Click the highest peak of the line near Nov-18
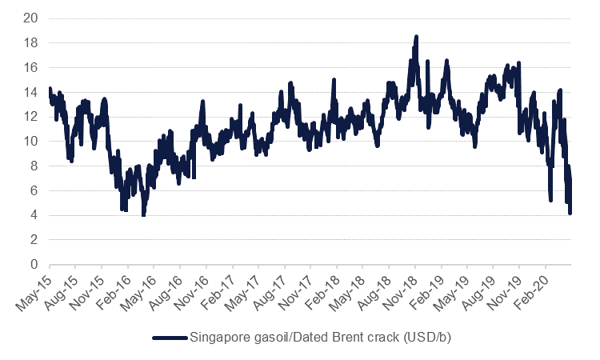point(417,37)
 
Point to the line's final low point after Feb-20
point(570,213)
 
